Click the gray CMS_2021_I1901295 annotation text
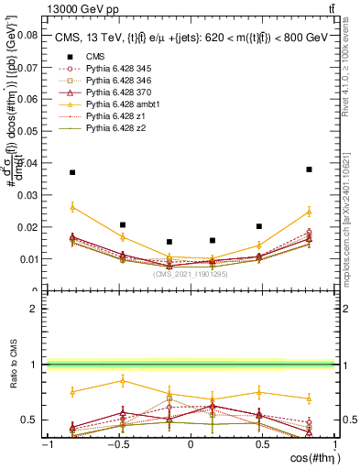click(x=191, y=273)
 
